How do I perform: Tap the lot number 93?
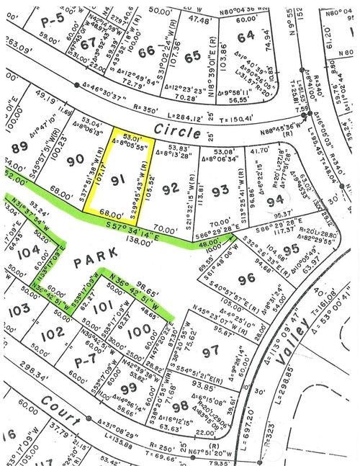pos(220,190)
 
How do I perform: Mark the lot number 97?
pos(210,351)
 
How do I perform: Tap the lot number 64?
pos(246,34)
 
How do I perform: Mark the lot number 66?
pos(147,51)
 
